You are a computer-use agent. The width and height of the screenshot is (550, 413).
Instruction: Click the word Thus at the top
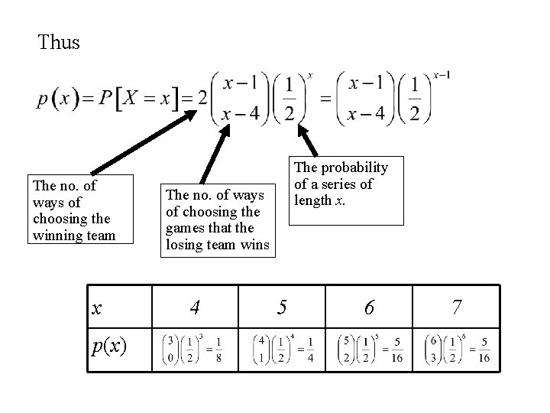(59, 43)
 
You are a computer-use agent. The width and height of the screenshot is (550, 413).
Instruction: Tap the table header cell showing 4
(196, 307)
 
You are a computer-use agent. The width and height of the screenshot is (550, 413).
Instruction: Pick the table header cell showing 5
(282, 307)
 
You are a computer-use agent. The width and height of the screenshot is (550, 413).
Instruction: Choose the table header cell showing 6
(369, 307)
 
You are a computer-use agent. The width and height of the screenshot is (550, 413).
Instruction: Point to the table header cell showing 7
(456, 307)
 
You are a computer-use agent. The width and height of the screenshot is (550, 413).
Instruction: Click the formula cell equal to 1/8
(195, 350)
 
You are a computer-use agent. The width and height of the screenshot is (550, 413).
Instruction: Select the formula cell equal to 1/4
(282, 350)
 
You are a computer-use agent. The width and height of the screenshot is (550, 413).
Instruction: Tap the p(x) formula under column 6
(369, 350)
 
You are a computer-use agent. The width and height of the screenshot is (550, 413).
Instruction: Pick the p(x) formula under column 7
(456, 350)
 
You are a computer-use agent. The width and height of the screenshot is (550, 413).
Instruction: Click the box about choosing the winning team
(73, 210)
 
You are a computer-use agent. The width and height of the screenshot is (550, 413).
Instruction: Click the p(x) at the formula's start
(58, 99)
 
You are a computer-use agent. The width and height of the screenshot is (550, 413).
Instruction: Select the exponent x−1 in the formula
(441, 75)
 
